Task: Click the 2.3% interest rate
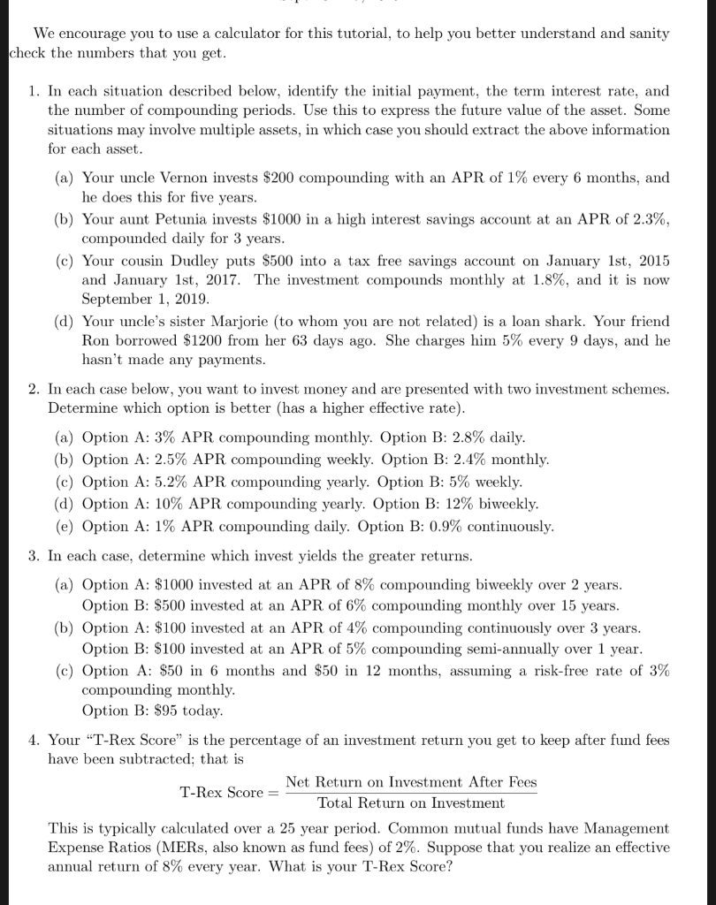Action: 650,219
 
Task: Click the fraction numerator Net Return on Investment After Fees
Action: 410,782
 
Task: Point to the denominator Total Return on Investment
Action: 410,803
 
